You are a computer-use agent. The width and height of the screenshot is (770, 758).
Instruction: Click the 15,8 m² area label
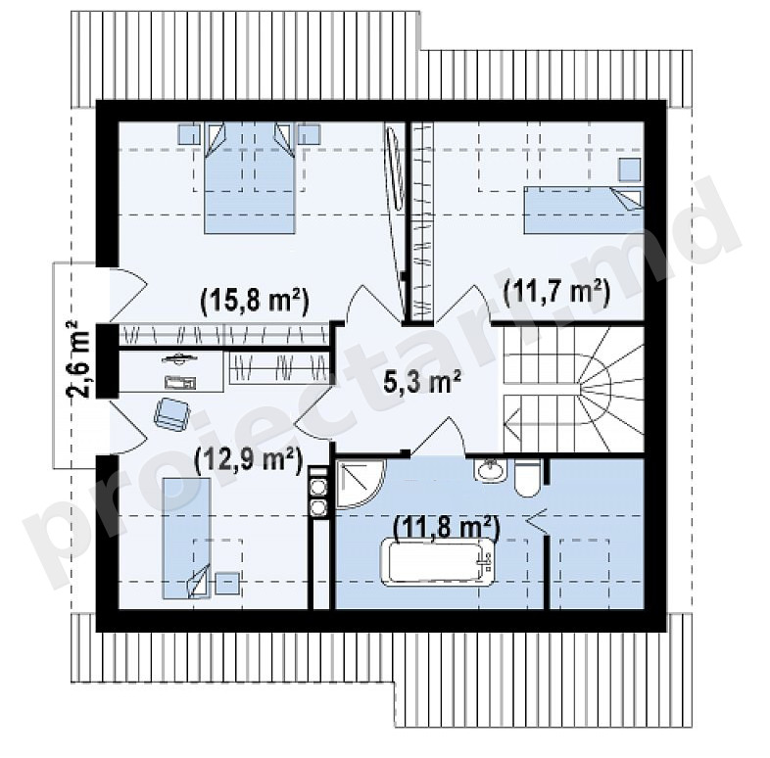(255, 300)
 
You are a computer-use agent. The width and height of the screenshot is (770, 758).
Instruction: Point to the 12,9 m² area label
(248, 460)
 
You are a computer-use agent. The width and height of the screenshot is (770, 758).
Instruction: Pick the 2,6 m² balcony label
(78, 358)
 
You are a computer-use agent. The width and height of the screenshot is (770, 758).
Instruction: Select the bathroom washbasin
(489, 471)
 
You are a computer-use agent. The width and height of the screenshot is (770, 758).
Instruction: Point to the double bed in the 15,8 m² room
(250, 177)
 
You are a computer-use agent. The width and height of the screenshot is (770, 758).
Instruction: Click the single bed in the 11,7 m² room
(584, 210)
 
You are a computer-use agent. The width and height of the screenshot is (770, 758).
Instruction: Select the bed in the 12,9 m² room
(186, 539)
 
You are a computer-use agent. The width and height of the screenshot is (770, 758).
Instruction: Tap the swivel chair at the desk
(171, 414)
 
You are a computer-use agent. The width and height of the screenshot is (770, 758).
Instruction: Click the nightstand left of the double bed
(189, 134)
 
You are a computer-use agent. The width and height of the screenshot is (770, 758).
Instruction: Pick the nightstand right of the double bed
(310, 134)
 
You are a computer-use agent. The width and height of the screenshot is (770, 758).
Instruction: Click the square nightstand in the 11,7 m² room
(630, 170)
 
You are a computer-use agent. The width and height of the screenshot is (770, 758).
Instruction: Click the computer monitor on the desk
(179, 358)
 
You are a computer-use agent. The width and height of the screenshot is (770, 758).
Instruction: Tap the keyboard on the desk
(180, 382)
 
